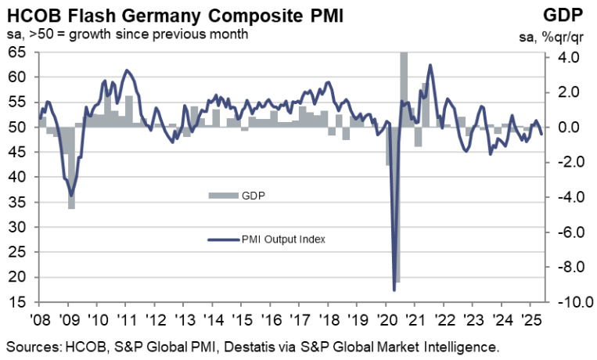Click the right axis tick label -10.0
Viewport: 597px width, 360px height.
click(x=564, y=302)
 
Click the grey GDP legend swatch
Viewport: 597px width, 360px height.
click(x=221, y=194)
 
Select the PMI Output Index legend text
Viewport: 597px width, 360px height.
click(x=282, y=239)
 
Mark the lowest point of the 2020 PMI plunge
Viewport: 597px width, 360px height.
click(x=394, y=290)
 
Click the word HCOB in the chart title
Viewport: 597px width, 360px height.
click(x=32, y=15)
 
